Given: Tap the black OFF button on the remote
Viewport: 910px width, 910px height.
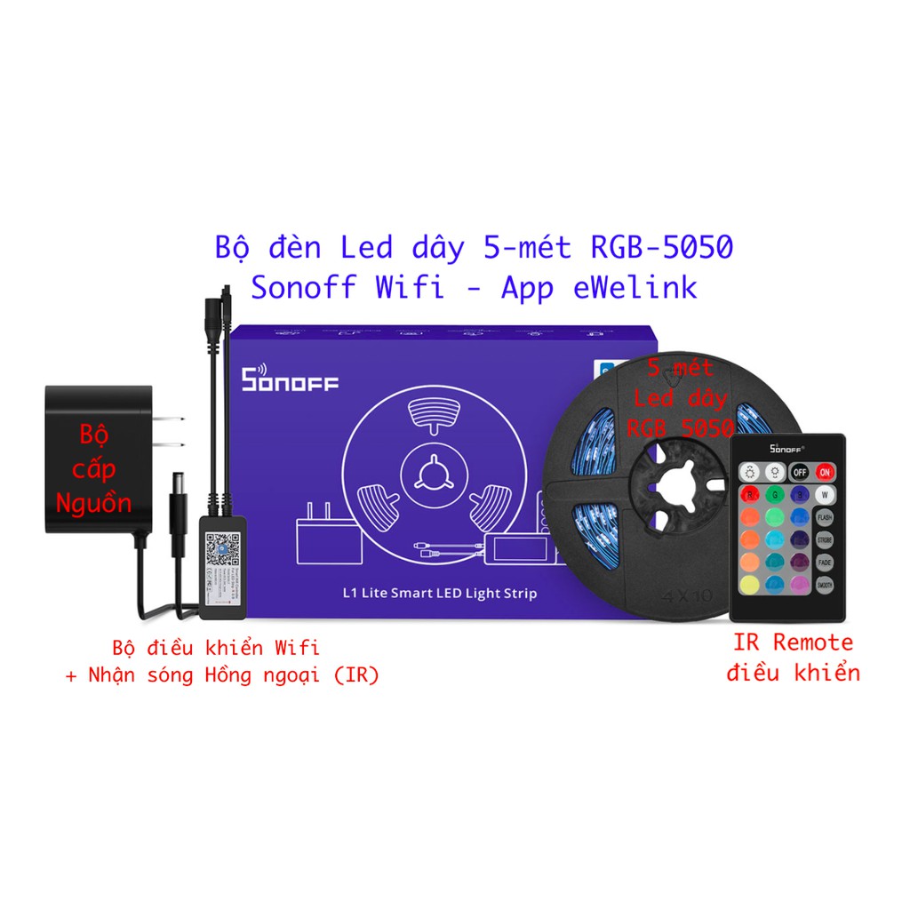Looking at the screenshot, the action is (x=799, y=473).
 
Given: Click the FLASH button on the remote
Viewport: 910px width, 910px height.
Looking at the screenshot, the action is (x=826, y=516).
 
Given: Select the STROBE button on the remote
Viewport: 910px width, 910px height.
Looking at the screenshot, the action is (x=826, y=539).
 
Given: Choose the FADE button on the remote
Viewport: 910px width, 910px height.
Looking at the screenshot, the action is (x=826, y=561).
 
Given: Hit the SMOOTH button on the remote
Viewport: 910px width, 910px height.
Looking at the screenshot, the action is (x=826, y=584).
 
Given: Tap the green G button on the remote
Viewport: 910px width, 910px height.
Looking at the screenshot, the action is (x=774, y=494).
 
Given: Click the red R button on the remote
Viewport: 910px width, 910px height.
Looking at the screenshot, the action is (x=749, y=494).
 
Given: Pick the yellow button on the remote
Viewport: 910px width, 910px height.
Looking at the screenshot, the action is (x=749, y=584).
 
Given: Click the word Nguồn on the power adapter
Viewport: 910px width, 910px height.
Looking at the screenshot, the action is (x=93, y=503).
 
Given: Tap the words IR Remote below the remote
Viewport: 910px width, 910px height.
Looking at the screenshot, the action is (x=793, y=642).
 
